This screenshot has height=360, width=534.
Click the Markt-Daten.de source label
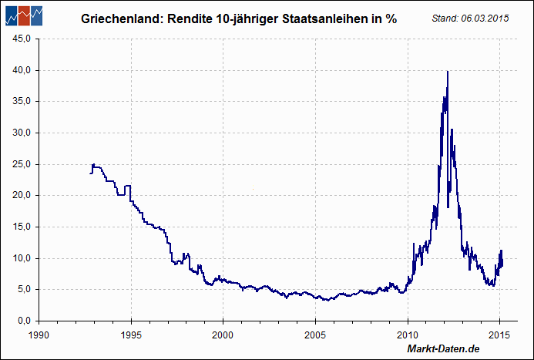point(443,350)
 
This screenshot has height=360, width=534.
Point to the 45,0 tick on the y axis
point(19,38)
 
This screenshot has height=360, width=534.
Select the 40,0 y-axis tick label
point(19,69)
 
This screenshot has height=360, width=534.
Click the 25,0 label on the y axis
point(19,163)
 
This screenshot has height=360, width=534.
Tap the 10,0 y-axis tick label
point(19,257)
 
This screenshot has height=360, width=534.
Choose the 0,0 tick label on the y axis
point(22,320)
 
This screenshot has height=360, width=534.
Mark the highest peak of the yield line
point(448,72)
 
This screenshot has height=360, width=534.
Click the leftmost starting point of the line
point(90,173)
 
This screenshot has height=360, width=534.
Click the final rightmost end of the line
point(502,264)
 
